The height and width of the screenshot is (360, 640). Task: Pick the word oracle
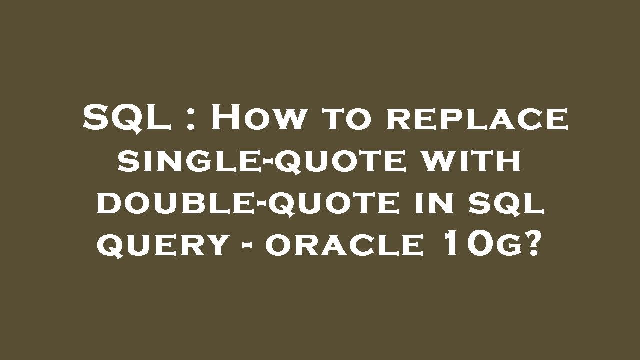click(x=344, y=246)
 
